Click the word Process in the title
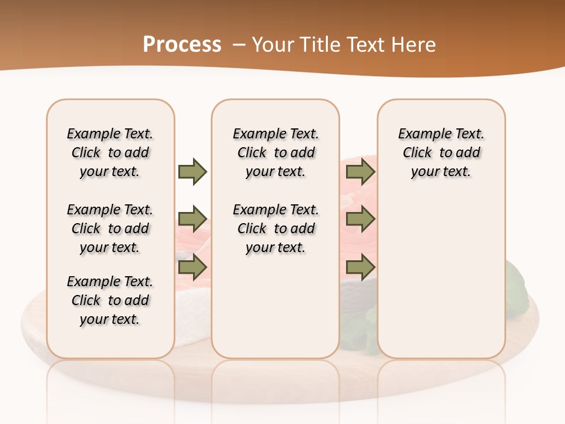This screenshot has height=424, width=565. pos(182,45)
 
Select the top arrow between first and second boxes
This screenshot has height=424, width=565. pos(192,171)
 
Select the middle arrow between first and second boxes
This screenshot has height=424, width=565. pos(192,220)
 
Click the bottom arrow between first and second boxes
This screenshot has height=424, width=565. pos(192,268)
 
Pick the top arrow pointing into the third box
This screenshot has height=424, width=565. pos(360,171)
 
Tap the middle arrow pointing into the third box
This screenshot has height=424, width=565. pos(360,220)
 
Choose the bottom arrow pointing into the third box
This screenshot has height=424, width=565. pos(360,268)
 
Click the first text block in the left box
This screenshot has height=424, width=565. pos(110,153)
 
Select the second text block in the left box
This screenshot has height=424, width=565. pos(110,228)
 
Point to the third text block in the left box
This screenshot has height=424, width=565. pos(110,300)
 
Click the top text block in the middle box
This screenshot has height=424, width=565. pos(276,153)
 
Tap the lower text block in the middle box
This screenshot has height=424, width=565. pos(276,228)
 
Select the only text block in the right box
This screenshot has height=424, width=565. pos(441,153)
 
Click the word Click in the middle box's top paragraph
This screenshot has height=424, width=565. pos(252,153)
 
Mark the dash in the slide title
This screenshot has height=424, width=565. pos(239,45)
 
